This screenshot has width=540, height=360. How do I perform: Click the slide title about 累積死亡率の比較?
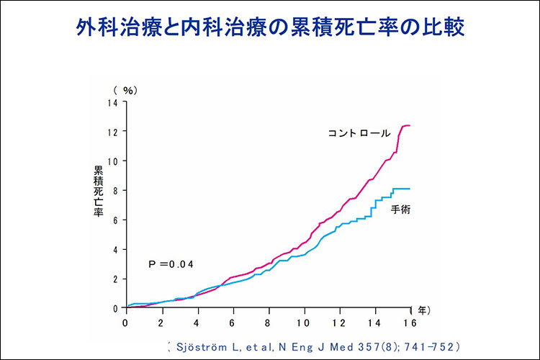[270, 28]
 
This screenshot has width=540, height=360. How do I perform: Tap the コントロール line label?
[359, 133]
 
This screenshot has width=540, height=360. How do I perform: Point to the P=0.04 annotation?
[172, 264]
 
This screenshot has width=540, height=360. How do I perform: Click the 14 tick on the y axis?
[113, 102]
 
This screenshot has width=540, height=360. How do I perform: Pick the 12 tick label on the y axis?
[113, 132]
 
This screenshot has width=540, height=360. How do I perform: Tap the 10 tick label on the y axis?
[113, 161]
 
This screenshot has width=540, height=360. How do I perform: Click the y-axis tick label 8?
[115, 191]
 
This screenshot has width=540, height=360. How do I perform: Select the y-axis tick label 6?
[115, 220]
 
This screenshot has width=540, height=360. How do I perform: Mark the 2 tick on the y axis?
[115, 279]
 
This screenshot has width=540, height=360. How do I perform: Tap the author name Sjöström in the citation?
[202, 346]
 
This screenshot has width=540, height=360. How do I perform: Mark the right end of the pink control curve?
[410, 126]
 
